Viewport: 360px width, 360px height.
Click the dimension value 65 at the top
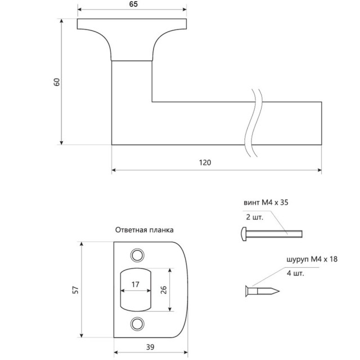click(x=133, y=4)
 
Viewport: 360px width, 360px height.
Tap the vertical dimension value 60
click(x=56, y=82)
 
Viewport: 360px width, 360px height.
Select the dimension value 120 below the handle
click(x=205, y=163)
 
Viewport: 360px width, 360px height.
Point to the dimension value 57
click(x=75, y=290)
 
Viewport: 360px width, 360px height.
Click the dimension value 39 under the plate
click(x=150, y=347)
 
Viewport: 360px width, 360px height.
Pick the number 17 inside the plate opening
click(x=136, y=285)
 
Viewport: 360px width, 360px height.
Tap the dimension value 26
click(x=164, y=290)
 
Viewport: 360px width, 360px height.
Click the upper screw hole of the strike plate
click(x=137, y=255)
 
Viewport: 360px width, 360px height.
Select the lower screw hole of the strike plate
click(x=137, y=324)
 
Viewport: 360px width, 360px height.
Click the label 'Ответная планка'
click(x=144, y=230)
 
